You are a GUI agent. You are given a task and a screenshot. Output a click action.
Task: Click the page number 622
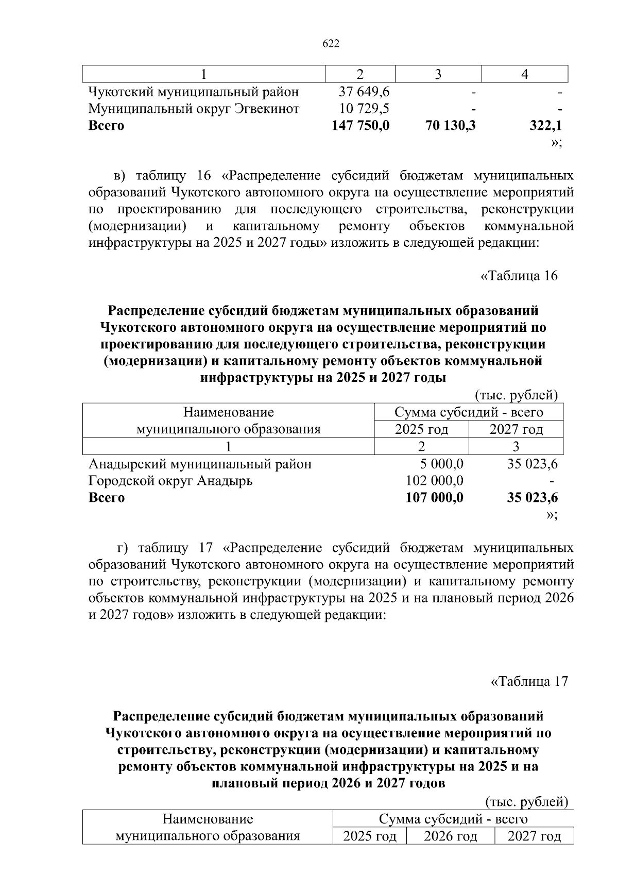point(331,44)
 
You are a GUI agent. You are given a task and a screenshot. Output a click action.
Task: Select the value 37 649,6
point(364,92)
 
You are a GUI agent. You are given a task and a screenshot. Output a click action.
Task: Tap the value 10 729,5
point(364,109)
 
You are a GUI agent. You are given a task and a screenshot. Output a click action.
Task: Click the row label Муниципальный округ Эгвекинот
point(194,109)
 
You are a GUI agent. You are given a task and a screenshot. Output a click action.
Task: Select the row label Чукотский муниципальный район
point(194,92)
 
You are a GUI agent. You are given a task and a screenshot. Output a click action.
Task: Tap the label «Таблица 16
point(519,276)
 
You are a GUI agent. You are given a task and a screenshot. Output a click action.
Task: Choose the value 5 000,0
point(442,464)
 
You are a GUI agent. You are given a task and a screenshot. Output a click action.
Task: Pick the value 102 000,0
point(435,481)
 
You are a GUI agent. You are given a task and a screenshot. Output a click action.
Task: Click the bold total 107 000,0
point(434,497)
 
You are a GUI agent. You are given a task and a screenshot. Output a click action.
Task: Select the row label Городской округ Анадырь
point(170,481)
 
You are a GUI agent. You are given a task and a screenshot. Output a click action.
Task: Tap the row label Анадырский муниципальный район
point(200,464)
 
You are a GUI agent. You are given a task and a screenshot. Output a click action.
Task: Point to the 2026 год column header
point(450,836)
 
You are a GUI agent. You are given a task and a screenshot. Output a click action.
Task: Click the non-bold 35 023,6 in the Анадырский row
point(532,464)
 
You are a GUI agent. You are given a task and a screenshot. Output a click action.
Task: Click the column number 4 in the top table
point(524,74)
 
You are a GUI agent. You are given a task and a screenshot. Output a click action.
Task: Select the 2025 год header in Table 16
point(421,429)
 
